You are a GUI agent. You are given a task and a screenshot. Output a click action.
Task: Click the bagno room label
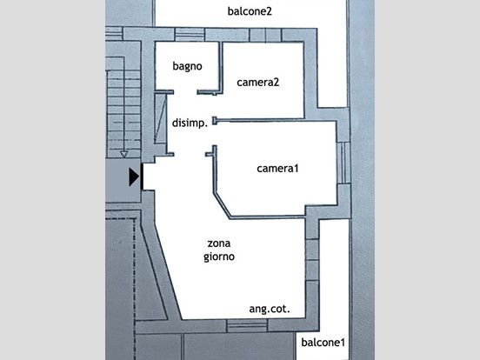(x=187, y=66)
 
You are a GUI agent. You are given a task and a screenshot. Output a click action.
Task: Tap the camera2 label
(x=257, y=83)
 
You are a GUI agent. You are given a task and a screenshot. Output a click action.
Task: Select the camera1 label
(x=277, y=169)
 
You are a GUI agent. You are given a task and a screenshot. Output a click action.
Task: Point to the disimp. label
(x=190, y=123)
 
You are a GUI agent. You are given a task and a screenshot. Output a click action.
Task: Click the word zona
(x=219, y=243)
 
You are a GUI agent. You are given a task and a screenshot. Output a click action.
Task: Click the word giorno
(x=219, y=257)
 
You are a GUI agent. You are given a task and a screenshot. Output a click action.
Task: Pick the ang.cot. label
(x=270, y=310)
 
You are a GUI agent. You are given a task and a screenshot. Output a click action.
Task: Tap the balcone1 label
(x=323, y=343)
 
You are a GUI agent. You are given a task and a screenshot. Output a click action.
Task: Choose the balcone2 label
(x=250, y=11)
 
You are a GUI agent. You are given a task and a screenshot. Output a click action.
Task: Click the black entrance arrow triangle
(x=134, y=177)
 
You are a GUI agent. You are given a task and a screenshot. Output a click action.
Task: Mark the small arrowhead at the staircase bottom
(x=123, y=154)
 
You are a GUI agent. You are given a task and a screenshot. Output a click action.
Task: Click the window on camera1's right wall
(x=343, y=163)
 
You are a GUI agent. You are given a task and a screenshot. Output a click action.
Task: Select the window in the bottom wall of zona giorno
(x=247, y=326)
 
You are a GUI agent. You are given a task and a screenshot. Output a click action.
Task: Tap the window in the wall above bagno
(x=190, y=34)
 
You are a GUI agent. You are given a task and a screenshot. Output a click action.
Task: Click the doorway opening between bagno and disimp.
(x=185, y=92)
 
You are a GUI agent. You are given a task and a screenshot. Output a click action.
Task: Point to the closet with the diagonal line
(x=161, y=118)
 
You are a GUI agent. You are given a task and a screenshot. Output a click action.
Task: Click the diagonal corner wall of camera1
(x=222, y=206)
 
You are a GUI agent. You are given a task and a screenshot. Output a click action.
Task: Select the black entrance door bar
(x=142, y=177)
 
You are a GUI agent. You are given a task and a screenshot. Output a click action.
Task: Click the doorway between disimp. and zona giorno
(x=190, y=154)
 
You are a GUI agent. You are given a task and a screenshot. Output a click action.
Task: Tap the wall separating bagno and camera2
(x=220, y=67)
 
